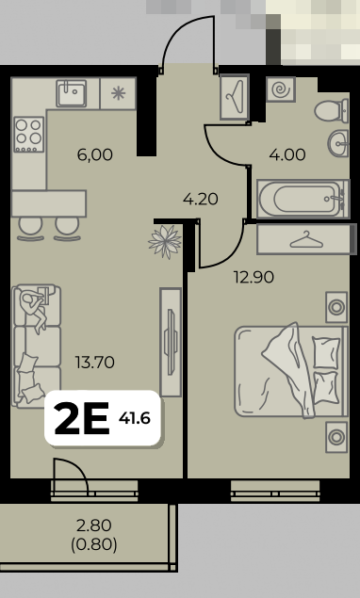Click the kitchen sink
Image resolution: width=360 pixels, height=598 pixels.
[x=72, y=93]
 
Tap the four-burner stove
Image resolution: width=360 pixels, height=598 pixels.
[x=28, y=134]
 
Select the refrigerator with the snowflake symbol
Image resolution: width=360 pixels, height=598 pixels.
[x=118, y=93]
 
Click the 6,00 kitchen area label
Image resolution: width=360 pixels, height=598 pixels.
[x=94, y=154]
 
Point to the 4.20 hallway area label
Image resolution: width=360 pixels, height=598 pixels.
[x=201, y=199]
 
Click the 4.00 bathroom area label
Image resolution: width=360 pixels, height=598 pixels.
[x=287, y=154]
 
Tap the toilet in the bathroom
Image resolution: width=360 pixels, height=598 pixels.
[x=332, y=111]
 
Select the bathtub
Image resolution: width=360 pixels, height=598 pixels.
[x=303, y=199]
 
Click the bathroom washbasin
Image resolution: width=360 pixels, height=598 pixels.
[x=338, y=144]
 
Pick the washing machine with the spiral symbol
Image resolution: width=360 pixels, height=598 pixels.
[x=281, y=90]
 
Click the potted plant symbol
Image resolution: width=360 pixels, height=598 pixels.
[x=165, y=241]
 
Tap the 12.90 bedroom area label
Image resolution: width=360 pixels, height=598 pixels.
[x=254, y=277]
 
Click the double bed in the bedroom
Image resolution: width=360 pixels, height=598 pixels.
[x=291, y=370]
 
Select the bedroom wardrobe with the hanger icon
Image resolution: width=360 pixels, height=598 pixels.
[x=303, y=239]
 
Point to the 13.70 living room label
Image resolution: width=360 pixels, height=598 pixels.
[x=95, y=363]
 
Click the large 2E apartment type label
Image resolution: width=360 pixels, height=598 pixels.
[x=82, y=418]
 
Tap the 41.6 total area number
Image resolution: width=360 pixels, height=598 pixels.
[x=135, y=419]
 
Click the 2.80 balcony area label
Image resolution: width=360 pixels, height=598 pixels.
[x=94, y=525]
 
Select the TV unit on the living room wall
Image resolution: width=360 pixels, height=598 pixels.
[x=171, y=342]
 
